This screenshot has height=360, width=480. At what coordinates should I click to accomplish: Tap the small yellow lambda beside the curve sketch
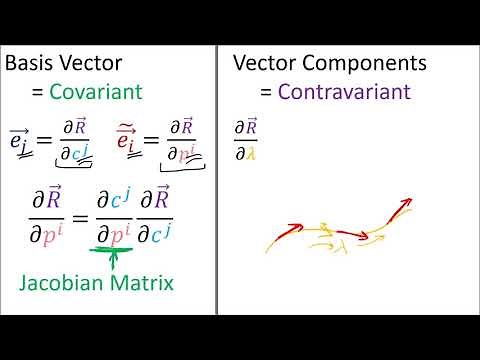(x=343, y=239)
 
